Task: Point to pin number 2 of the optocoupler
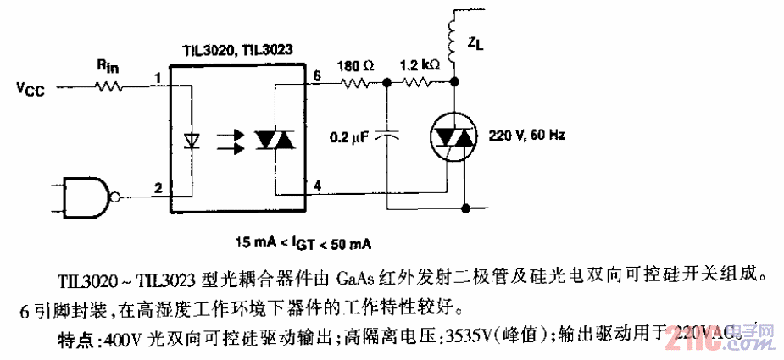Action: coord(158,189)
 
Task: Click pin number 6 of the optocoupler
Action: coord(316,76)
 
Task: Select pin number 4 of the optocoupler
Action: coord(316,185)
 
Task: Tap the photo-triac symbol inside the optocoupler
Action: coord(275,140)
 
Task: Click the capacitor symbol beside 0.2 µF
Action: coord(387,135)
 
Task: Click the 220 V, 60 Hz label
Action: coord(526,136)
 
